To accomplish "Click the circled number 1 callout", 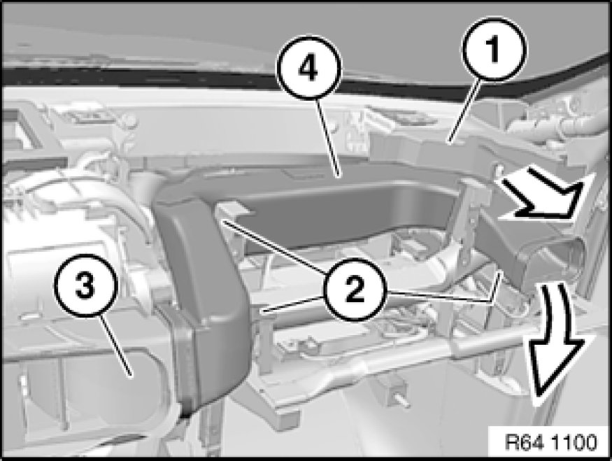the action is [494, 50].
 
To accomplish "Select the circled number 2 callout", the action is [354, 289].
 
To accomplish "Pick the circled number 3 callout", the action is [86, 285].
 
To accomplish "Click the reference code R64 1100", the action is [550, 442].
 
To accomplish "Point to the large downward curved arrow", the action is [554, 339].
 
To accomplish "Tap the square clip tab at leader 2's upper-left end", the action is [234, 210].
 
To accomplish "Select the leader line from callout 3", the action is [116, 346].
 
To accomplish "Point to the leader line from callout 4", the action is [329, 139].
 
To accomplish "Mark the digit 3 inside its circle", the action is [85, 285].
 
